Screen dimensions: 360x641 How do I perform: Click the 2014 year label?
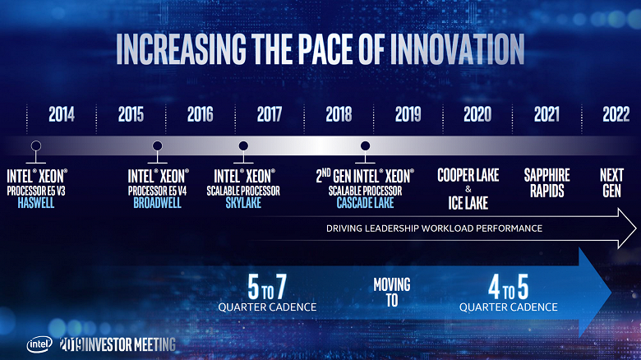[62, 114]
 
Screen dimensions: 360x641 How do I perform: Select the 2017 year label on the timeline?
[269, 114]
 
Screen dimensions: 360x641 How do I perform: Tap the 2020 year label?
[477, 114]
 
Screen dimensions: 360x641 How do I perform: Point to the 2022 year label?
[616, 114]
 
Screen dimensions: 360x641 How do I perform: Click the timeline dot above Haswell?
[35, 146]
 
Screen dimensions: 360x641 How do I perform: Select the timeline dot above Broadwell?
[157, 146]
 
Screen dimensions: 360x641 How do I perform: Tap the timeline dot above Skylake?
[243, 146]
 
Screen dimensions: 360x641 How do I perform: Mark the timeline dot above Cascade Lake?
[365, 146]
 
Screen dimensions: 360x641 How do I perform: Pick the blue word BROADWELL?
[158, 202]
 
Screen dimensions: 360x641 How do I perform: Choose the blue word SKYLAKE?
[243, 202]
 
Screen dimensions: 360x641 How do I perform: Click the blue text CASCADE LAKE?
[365, 202]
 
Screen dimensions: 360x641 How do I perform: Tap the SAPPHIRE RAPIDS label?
[546, 182]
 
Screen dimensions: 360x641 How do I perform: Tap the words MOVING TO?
[392, 293]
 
